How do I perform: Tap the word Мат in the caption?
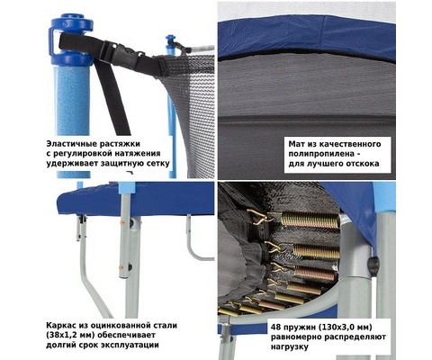pos(295,144)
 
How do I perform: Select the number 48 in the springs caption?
pos(276,327)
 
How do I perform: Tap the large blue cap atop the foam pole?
pos(71,39)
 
